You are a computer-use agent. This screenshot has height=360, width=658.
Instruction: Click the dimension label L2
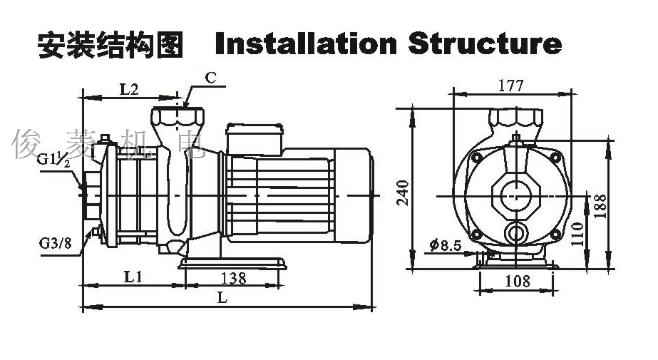coord(128,89)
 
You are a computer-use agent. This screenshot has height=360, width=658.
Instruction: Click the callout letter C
coord(211,78)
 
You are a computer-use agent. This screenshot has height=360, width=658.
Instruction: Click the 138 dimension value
coord(233,278)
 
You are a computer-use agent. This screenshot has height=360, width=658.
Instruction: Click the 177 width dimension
coord(511,86)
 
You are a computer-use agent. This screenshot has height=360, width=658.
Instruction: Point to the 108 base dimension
coord(517,281)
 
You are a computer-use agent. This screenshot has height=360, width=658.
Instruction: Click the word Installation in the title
coord(305,44)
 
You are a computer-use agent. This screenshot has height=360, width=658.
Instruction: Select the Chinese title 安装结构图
coord(110,45)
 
